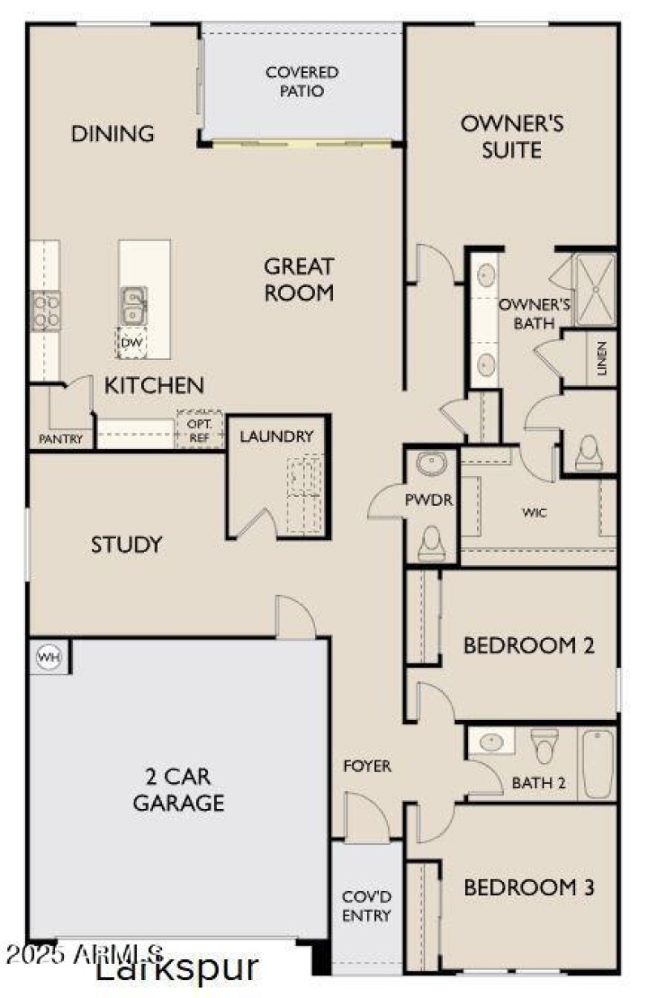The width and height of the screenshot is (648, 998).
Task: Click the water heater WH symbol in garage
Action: click(x=45, y=656)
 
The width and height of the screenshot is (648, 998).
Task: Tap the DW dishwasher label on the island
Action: click(x=131, y=343)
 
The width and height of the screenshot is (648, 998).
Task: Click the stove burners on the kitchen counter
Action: click(x=44, y=311)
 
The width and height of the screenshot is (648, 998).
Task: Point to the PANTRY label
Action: click(x=62, y=439)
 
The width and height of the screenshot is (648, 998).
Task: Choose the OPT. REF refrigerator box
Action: click(x=199, y=430)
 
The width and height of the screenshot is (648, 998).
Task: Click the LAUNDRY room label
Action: click(x=276, y=436)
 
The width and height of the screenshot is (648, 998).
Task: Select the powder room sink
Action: click(x=430, y=465)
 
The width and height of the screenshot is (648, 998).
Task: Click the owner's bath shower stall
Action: click(x=595, y=289)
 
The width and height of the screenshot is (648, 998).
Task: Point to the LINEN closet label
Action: click(x=601, y=358)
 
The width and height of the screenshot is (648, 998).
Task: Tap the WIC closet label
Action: click(x=533, y=513)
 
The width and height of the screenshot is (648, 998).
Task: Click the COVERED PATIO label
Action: click(x=302, y=81)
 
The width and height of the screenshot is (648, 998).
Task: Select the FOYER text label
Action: click(x=367, y=765)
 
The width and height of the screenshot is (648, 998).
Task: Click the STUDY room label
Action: click(x=126, y=544)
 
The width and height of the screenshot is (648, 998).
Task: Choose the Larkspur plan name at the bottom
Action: click(x=177, y=968)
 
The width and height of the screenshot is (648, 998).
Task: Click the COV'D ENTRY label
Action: click(x=367, y=906)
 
